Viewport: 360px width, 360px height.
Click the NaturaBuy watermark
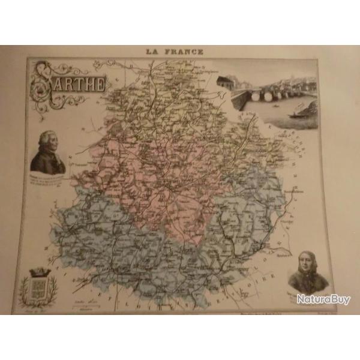[323, 298]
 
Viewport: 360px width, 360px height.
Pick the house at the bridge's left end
[226, 82]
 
